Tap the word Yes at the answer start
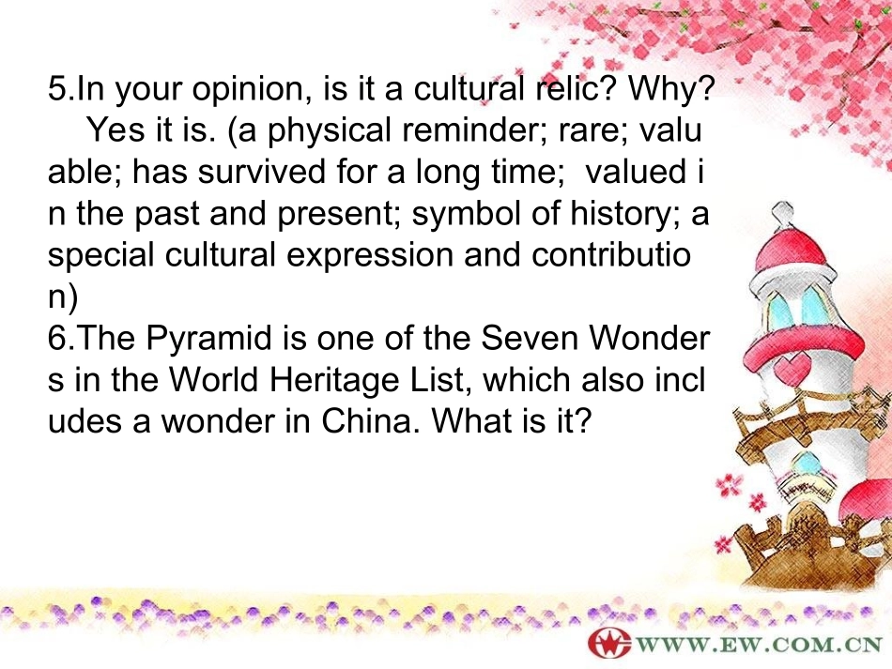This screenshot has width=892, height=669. [x=115, y=132]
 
